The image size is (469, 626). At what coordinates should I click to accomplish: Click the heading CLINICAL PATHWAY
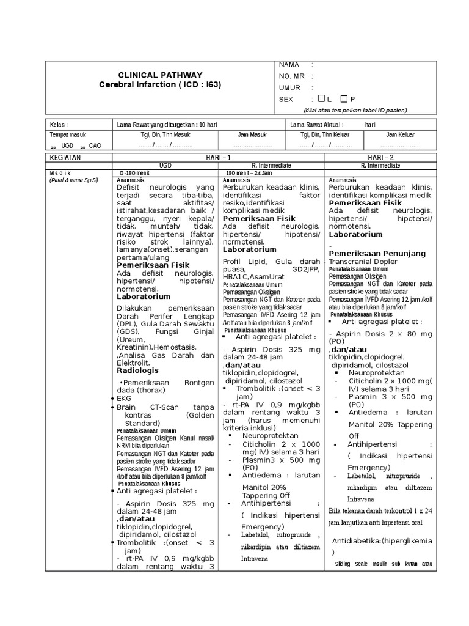159,75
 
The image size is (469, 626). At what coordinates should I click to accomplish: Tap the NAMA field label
289,64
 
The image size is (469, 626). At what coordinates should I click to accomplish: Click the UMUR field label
289,87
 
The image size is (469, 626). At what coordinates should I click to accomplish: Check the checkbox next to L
322,98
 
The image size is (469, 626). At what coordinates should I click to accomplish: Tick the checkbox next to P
345,98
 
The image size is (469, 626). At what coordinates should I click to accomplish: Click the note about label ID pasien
355,110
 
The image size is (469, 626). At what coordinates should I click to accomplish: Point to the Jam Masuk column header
252,135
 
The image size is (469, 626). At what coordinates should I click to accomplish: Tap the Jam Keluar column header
400,135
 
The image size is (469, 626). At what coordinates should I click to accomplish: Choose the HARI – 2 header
379,158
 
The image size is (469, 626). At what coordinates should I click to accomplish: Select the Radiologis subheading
137,370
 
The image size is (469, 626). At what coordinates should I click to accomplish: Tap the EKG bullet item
124,397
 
